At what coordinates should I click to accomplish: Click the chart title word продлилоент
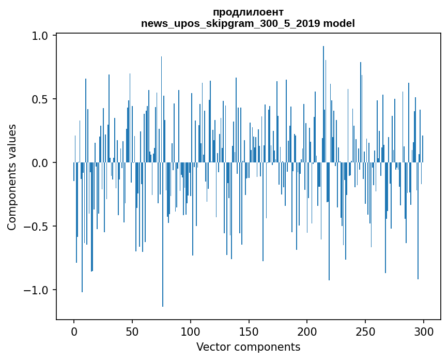(x=248, y=12)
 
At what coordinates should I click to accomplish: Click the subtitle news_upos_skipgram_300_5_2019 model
(x=248, y=23)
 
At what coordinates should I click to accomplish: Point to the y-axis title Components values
(x=12, y=177)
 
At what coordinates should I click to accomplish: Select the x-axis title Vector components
(x=248, y=347)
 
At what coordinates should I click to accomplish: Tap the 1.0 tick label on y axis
(x=40, y=36)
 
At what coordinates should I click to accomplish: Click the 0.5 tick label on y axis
(x=40, y=99)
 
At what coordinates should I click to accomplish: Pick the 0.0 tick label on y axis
(x=40, y=163)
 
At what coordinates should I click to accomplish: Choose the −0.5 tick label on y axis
(x=36, y=227)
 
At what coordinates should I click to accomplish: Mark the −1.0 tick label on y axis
(x=36, y=290)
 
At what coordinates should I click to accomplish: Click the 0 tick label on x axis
(x=74, y=331)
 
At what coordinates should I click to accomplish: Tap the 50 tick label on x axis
(x=132, y=331)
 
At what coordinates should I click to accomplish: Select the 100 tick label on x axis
(x=191, y=331)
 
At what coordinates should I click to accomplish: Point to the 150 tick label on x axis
(x=249, y=331)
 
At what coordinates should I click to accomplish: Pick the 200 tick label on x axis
(x=307, y=331)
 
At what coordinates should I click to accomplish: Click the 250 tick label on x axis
(x=366, y=331)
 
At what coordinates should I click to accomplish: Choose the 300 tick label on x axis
(x=424, y=331)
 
